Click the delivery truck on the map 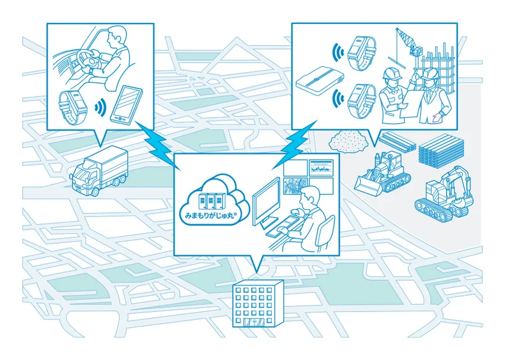(x=99, y=171)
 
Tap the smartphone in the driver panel (x=126, y=105)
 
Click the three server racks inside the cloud (x=210, y=201)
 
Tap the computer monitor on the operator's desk (x=266, y=202)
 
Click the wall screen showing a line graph (x=321, y=168)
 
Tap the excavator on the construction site (x=444, y=195)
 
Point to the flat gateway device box (x=319, y=80)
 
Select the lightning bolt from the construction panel (x=295, y=144)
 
